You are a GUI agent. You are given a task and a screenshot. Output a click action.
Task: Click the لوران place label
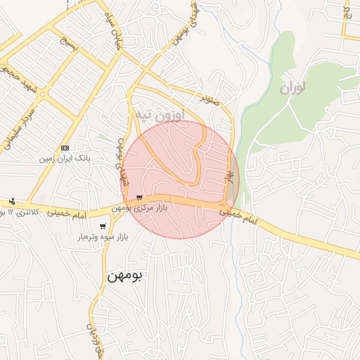(294, 89)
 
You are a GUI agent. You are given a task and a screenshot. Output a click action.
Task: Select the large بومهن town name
(124, 276)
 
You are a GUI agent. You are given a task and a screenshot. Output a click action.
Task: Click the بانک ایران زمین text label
(66, 159)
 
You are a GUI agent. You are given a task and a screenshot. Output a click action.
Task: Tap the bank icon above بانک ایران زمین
(65, 148)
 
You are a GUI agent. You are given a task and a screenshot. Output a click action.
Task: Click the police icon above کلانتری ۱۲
(12, 201)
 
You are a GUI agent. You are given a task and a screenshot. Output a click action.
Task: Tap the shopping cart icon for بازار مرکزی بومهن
(141, 197)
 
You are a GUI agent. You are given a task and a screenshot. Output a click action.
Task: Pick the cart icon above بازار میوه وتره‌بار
(103, 226)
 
